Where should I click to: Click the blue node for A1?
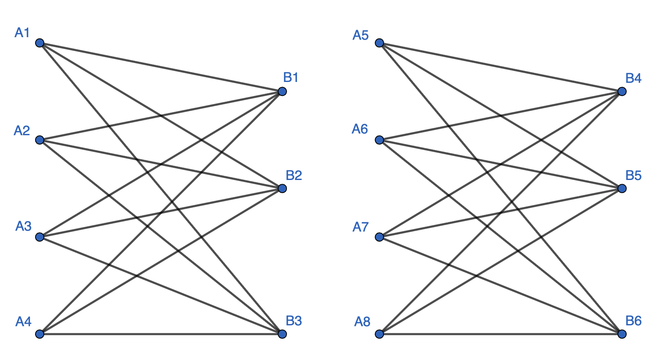tap(40, 43)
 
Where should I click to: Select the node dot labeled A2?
tap(40, 140)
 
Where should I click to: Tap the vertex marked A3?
tap(40, 237)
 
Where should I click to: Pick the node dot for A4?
tap(40, 334)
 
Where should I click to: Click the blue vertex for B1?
tap(282, 91)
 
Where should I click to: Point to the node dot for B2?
tap(282, 188)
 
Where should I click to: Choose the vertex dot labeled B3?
tap(282, 334)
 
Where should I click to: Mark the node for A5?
tap(379, 43)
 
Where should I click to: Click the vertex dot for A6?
tap(379, 140)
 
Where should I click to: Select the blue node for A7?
tap(379, 237)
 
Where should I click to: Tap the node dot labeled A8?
tap(379, 334)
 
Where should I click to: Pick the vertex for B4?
tap(622, 91)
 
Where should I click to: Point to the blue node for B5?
tap(622, 188)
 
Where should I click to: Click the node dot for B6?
tap(622, 334)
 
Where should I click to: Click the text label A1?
tap(22, 33)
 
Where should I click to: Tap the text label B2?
tap(294, 175)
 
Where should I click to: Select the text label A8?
tap(362, 322)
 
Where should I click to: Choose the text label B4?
tap(633, 78)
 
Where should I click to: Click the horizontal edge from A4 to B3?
tap(161, 334)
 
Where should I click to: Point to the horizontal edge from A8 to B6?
tap(501, 334)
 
